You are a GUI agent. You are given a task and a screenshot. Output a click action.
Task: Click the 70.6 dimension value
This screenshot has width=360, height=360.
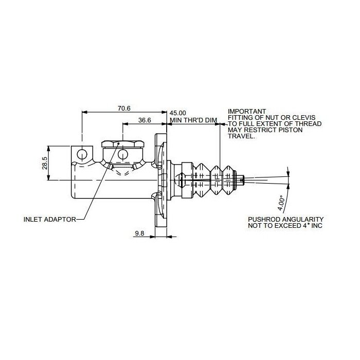tap(124, 108)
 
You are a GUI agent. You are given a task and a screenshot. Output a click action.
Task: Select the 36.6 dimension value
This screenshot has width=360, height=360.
tap(145, 120)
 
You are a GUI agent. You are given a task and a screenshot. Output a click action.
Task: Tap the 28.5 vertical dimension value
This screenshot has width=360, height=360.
tap(45, 163)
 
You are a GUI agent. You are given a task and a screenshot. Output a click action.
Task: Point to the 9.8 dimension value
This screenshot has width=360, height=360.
tap(139, 233)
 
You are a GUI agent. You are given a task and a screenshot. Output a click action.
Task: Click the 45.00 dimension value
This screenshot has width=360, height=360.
tap(178, 113)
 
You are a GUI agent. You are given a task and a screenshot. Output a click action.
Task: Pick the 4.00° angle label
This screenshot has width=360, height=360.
tap(281, 203)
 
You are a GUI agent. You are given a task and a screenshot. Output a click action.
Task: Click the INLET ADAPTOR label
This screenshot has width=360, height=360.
tap(49, 220)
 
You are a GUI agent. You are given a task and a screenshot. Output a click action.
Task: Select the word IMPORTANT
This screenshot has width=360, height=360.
tap(247, 112)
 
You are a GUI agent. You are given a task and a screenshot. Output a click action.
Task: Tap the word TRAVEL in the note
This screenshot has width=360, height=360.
tap(241, 136)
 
